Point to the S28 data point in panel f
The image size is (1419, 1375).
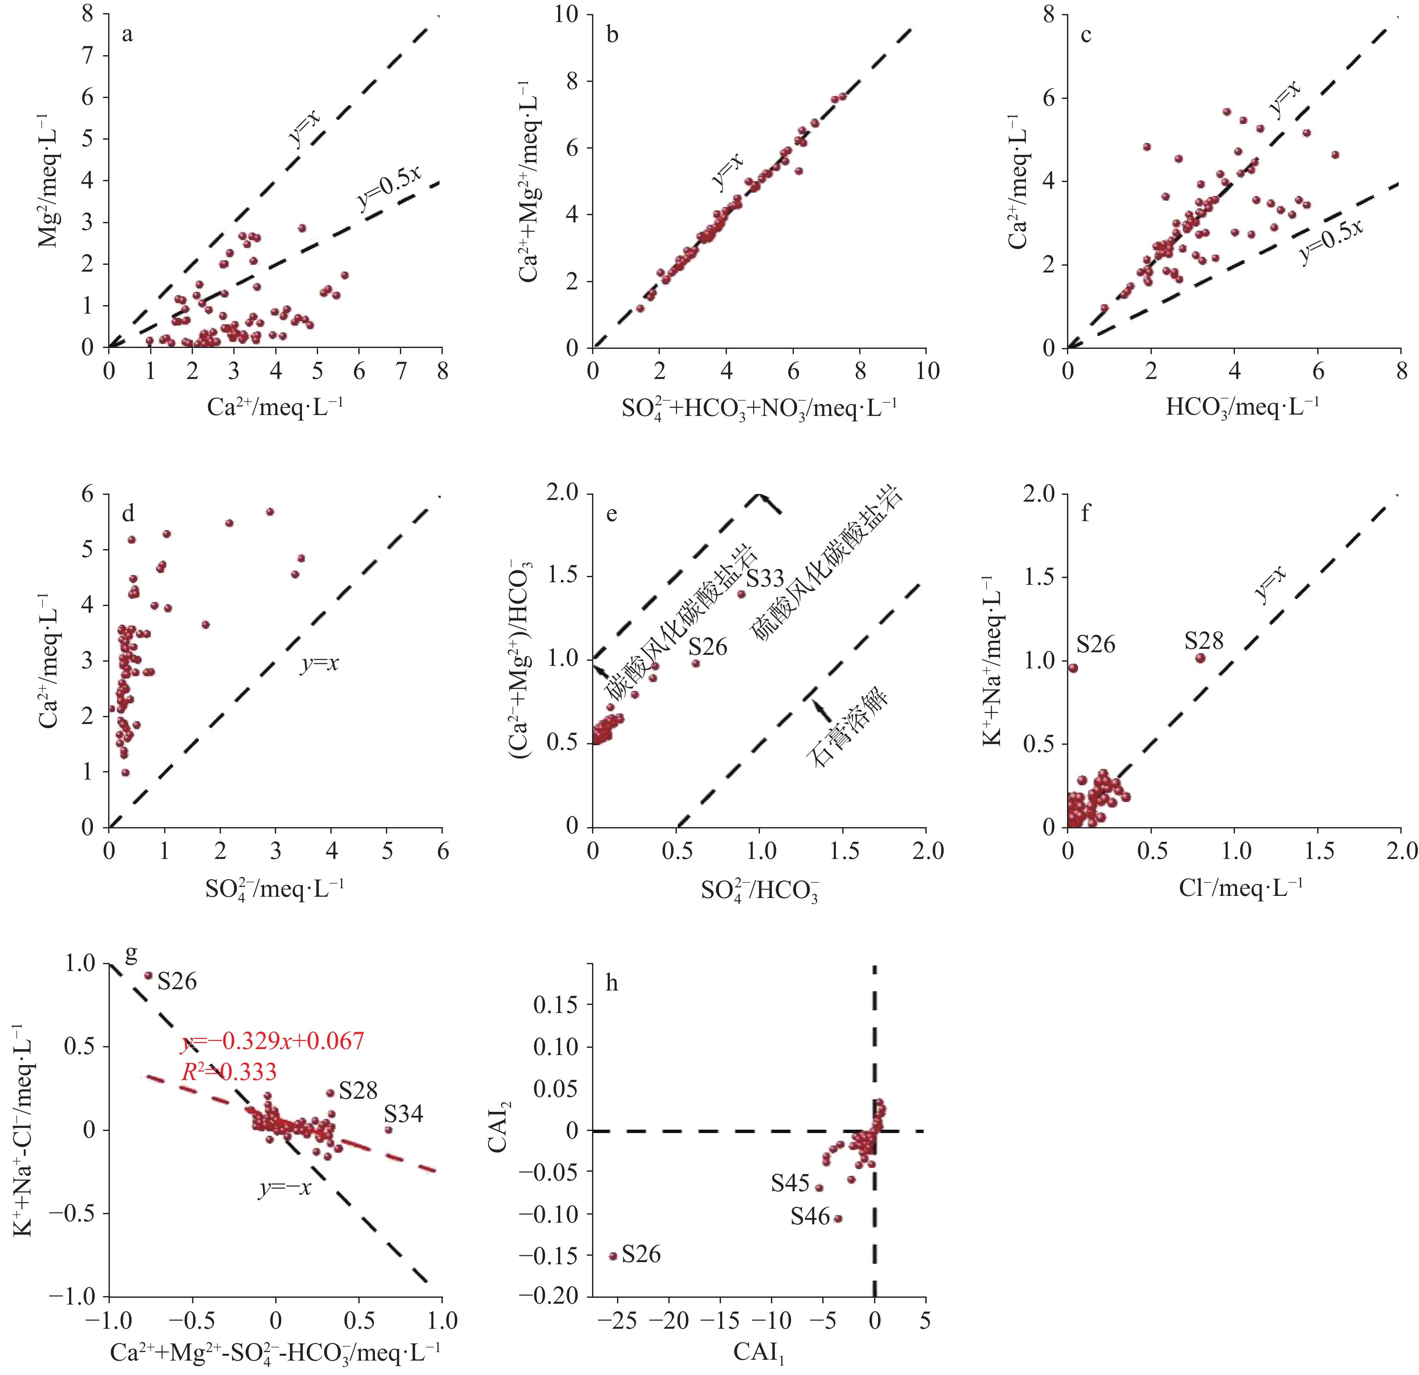point(1200,658)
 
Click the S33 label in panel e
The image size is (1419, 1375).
point(765,578)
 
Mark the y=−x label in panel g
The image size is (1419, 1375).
point(285,1188)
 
